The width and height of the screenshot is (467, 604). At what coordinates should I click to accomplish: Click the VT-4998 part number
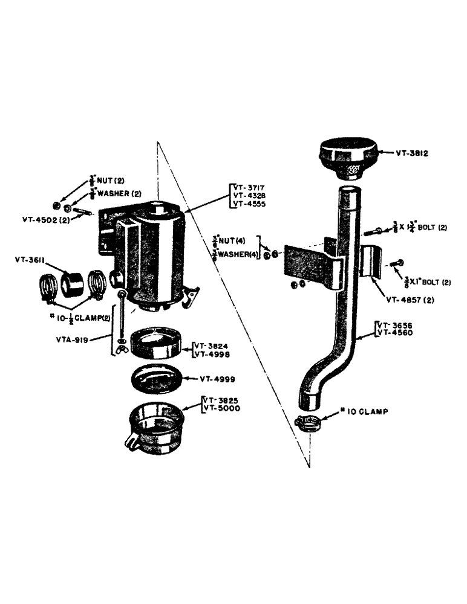pyautogui.click(x=212, y=355)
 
